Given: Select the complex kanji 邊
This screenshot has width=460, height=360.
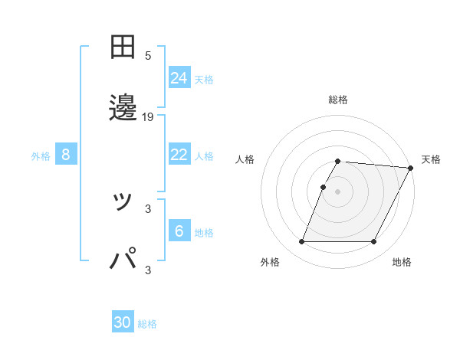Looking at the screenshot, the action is point(123,108).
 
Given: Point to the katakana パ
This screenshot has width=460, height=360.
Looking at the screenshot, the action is point(123,259).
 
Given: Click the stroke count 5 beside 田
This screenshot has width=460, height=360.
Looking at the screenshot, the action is point(148,56).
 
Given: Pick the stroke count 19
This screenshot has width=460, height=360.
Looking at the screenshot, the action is point(148,117).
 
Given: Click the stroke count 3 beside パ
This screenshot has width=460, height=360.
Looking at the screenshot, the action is point(148,270).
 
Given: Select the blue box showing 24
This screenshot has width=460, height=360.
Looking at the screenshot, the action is point(179,78).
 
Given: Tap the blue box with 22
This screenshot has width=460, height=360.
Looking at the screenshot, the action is point(179,155).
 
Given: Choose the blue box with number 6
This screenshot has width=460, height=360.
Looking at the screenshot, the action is point(179,231).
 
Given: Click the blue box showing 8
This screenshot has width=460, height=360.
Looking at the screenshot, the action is point(66,155).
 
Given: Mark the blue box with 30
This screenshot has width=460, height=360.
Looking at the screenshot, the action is point(123,323).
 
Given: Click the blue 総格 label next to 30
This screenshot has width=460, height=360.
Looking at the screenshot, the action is point(147,324).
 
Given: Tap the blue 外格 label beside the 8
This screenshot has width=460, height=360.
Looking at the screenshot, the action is point(41,156).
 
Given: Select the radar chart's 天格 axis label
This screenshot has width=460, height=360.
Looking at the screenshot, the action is point(431,159).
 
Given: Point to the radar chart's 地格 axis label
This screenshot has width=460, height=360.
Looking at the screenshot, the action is point(402,263).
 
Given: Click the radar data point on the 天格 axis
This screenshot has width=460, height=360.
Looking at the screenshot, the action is point(410,168).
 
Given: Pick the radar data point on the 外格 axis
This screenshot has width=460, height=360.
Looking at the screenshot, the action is point(301,242).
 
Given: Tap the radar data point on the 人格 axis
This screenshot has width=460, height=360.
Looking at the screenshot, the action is point(324,187).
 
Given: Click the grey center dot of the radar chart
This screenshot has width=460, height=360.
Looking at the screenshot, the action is point(338,191).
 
